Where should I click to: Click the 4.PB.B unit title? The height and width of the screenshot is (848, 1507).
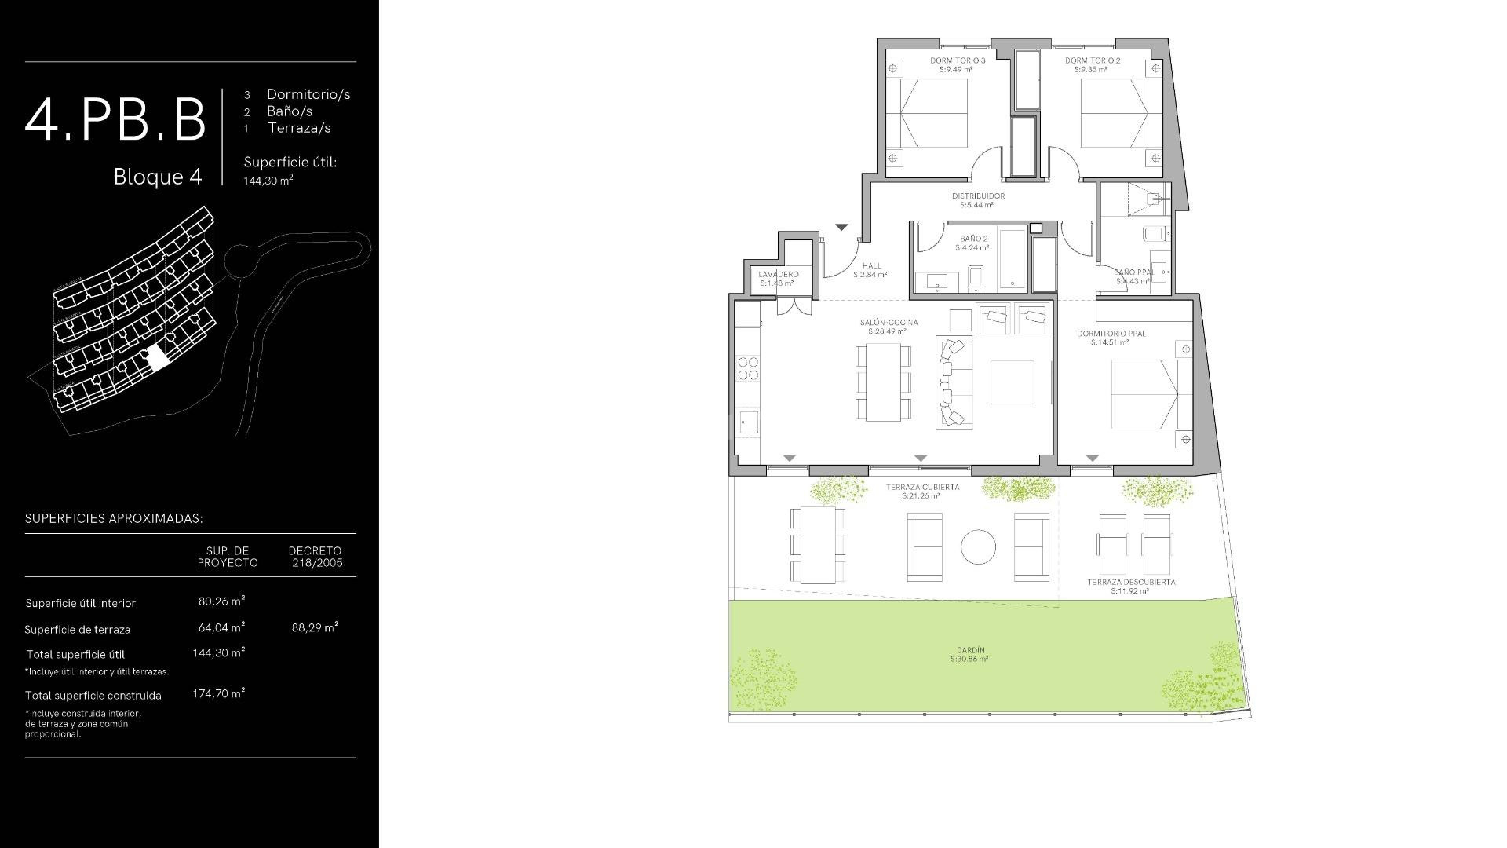click(x=115, y=120)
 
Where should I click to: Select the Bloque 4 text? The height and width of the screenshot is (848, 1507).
click(x=158, y=177)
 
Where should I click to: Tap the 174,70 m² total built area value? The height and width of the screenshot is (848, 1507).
click(x=218, y=693)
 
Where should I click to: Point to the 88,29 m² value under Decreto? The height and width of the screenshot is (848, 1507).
click(x=315, y=627)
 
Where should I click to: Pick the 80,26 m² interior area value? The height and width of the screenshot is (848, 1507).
click(x=221, y=601)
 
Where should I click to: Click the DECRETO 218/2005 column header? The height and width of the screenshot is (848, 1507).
click(x=315, y=557)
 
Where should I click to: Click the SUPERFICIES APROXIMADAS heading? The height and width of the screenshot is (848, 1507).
click(x=114, y=518)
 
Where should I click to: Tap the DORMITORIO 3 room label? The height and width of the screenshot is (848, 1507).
click(x=957, y=60)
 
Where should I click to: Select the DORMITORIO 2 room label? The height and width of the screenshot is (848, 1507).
click(x=1092, y=60)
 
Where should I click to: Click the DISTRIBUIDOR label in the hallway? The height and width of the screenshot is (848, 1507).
click(x=978, y=196)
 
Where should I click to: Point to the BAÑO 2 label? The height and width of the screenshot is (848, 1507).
click(x=973, y=239)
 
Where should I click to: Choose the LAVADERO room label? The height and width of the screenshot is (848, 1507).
click(x=778, y=275)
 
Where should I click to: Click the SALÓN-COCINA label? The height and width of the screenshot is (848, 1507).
click(x=889, y=323)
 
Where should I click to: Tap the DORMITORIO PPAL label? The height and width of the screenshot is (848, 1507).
click(x=1111, y=334)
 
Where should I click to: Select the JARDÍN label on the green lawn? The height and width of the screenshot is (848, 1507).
click(x=971, y=650)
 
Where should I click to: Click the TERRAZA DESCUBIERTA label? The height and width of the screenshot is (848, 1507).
click(x=1131, y=583)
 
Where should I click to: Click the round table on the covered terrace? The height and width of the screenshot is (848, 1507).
click(x=978, y=546)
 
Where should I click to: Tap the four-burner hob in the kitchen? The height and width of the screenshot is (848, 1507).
click(x=748, y=368)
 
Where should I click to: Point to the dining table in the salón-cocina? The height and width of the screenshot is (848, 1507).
click(x=883, y=382)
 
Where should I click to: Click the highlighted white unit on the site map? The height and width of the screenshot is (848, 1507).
click(x=158, y=358)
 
